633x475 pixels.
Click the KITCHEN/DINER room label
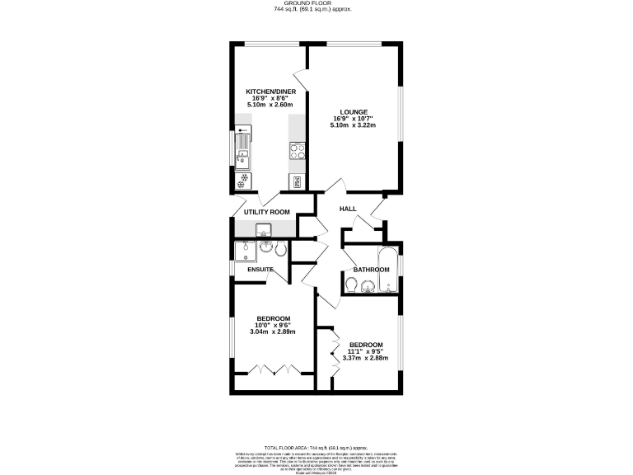[270, 92]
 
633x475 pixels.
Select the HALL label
[348, 209]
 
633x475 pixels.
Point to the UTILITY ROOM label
[266, 212]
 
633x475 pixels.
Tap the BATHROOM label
[371, 270]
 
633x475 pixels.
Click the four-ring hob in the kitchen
[297, 150]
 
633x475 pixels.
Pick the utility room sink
[265, 228]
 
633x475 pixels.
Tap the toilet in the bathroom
[351, 285]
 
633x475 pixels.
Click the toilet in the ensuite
[280, 249]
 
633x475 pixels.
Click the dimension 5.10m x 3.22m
[353, 125]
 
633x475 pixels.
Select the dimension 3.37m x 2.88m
[365, 358]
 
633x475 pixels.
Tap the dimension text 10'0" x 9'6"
[272, 325]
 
